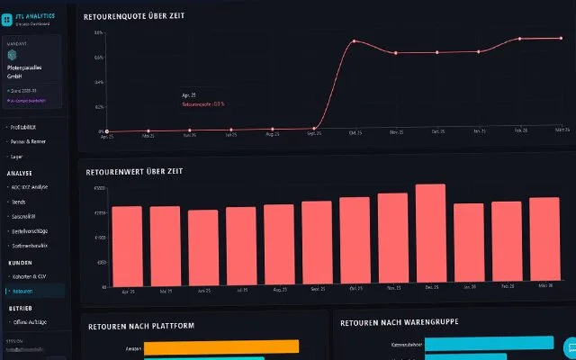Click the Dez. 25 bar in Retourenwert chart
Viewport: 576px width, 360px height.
pos(430,235)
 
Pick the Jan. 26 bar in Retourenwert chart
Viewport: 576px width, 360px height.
pos(468,244)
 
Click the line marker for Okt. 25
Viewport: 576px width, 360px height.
pos(355,41)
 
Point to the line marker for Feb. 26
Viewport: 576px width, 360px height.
pos(520,39)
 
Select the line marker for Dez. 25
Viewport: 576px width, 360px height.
pos(437,52)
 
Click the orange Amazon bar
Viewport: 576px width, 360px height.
pos(220,346)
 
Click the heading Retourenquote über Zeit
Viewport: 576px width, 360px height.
pos(134,16)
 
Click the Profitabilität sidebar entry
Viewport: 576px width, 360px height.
pos(29,127)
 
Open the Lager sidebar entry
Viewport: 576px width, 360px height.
pos(19,156)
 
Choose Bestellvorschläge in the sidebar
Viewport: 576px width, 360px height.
pos(31,230)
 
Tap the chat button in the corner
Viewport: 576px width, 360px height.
pos(569,347)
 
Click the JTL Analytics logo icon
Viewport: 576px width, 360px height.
pos(7,18)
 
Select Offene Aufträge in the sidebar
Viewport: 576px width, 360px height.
pos(31,321)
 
